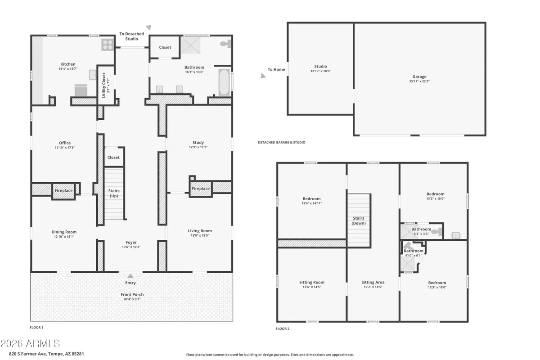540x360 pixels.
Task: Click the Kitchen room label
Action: pyautogui.click(x=68, y=64)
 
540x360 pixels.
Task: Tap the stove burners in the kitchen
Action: pyautogui.click(x=108, y=44)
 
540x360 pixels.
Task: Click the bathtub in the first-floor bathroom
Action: pyautogui.click(x=223, y=82)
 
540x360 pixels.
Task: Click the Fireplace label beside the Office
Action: pyautogui.click(x=63, y=190)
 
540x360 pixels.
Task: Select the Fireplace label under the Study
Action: pyautogui.click(x=200, y=189)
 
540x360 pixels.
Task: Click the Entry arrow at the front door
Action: pyautogui.click(x=130, y=276)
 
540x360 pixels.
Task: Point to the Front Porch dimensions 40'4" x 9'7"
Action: pyautogui.click(x=131, y=300)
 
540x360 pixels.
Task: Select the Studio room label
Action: pyautogui.click(x=320, y=66)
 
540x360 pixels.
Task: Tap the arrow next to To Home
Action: pyautogui.click(x=262, y=76)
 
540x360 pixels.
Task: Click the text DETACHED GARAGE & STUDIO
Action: pyautogui.click(x=281, y=142)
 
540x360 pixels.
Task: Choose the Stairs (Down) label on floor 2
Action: pyautogui.click(x=358, y=220)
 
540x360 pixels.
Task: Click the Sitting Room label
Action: pyautogui.click(x=311, y=282)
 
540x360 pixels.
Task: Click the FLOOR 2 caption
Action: pyautogui.click(x=282, y=328)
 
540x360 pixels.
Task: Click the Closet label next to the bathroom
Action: pyautogui.click(x=165, y=47)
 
